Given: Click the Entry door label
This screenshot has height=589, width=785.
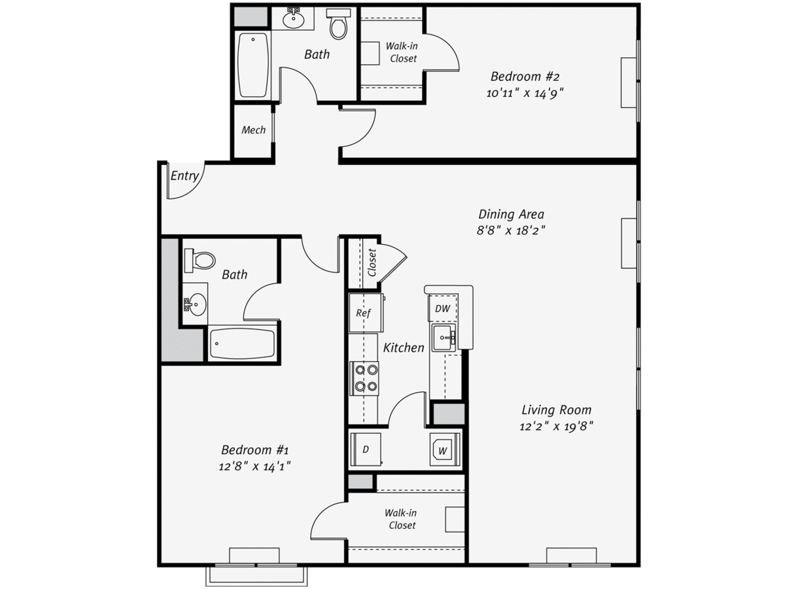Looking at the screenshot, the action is [x=184, y=176].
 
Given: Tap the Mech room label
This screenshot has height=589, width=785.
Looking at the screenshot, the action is [x=253, y=130].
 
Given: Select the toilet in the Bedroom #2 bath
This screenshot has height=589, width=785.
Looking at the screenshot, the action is [x=338, y=24].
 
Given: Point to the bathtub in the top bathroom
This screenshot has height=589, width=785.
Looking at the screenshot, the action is [x=253, y=65].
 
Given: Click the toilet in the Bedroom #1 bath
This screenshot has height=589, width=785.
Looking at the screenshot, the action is [x=200, y=260].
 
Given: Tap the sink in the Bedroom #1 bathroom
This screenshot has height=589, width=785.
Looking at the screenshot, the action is [x=196, y=305].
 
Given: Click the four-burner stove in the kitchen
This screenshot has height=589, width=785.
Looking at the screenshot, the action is [x=364, y=378].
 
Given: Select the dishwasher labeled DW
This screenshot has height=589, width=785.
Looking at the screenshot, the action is [x=443, y=308].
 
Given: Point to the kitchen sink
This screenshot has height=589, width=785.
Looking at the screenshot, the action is [x=444, y=337].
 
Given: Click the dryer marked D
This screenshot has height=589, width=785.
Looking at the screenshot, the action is [x=366, y=450].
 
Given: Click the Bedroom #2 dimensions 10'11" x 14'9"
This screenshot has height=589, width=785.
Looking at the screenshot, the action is [x=525, y=94].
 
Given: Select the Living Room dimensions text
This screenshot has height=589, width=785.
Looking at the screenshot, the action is [x=556, y=426].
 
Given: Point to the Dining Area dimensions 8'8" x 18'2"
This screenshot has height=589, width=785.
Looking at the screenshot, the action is [x=511, y=230].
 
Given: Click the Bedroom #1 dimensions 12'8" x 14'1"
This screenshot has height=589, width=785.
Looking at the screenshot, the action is [x=254, y=467].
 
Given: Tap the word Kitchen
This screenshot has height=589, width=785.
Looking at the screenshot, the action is [x=404, y=348].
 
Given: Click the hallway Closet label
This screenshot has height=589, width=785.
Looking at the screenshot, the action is [x=372, y=262].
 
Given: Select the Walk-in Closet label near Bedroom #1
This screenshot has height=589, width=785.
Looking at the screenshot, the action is [x=401, y=519].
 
